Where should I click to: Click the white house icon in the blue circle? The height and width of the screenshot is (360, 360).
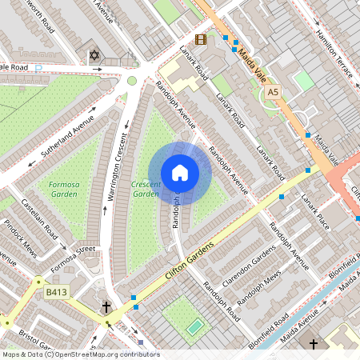click(180, 173)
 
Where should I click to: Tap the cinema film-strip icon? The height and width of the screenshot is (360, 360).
click(200, 38)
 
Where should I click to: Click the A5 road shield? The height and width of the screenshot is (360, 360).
click(274, 93)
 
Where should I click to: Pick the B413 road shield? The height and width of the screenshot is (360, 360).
click(56, 294)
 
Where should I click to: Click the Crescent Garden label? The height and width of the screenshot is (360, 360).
click(146, 188)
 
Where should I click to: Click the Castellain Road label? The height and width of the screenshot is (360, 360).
click(38, 218)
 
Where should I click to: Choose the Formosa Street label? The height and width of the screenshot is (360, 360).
click(74, 260)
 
